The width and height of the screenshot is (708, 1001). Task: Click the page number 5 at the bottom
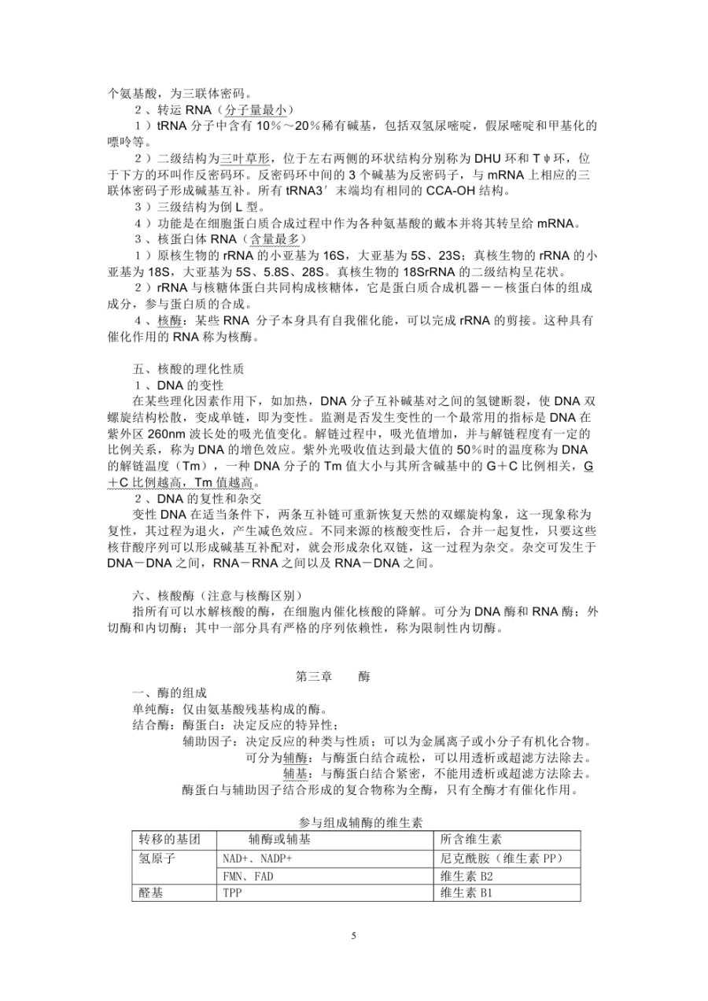(x=354, y=936)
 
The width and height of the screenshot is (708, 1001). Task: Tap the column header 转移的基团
(x=164, y=839)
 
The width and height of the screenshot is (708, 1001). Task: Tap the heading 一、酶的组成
(x=170, y=693)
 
